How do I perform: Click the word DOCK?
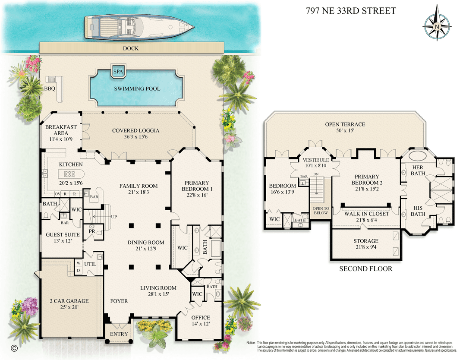(131, 48)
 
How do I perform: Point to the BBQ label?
(50, 88)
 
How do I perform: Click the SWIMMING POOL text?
(137, 88)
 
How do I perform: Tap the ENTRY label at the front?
(119, 334)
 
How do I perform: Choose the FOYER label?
(119, 301)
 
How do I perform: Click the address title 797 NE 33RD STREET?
(351, 11)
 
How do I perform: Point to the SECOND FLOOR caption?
(366, 268)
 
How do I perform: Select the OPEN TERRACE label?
(345, 124)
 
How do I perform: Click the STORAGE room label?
(366, 241)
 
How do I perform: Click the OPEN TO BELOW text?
(321, 211)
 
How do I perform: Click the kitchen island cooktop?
(70, 174)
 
